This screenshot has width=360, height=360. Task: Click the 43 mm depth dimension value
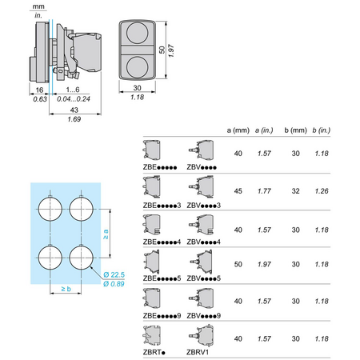coord(74,110)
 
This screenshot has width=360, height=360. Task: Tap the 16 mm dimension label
coord(39,90)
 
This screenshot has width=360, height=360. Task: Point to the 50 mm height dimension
coord(162,50)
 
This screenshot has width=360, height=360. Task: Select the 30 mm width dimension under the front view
coord(137,88)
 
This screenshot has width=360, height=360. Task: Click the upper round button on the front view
coord(137,33)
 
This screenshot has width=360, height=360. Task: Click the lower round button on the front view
coord(137,67)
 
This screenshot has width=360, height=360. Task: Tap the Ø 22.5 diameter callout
coord(114,274)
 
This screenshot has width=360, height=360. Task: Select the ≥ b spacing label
coord(66,289)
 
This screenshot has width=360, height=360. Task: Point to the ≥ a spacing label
coord(106,234)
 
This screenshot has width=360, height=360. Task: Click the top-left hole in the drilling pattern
coord(50,209)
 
